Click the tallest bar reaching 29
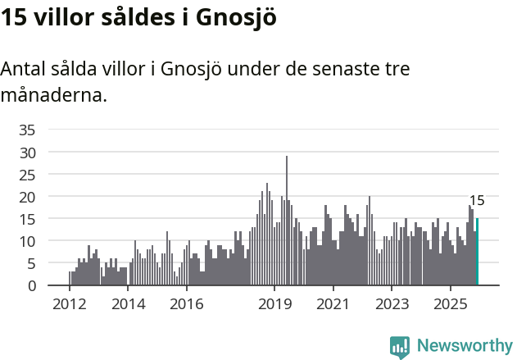[x=287, y=221]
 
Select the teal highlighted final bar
[x=477, y=252]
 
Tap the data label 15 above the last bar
[x=477, y=201]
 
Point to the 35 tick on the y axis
[x=27, y=130]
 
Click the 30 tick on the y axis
[x=27, y=153]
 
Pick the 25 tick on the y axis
[x=27, y=175]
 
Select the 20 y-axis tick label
[x=27, y=197]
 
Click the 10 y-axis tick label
[x=27, y=241]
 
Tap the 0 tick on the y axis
[x=31, y=285]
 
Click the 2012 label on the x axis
[x=69, y=304]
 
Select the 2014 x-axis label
[x=128, y=304]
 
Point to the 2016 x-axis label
[x=186, y=304]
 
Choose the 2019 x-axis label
[x=274, y=304]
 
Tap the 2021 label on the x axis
[x=333, y=304]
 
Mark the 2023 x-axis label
[x=392, y=304]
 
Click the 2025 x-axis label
[x=451, y=304]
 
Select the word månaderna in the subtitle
[x=53, y=95]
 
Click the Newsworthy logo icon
[x=400, y=347]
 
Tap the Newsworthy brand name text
[x=465, y=346]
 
